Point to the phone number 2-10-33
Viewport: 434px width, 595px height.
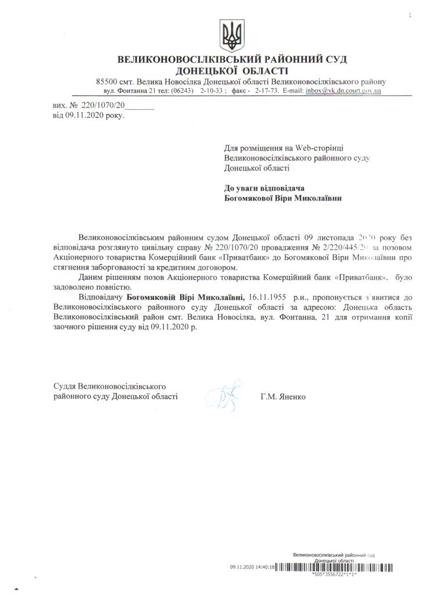(212, 92)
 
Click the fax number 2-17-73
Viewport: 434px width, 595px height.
(267, 92)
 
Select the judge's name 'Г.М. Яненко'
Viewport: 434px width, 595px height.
(283, 397)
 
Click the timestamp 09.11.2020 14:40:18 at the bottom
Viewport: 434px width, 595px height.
(253, 566)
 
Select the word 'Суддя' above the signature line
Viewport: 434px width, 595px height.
(64, 386)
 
